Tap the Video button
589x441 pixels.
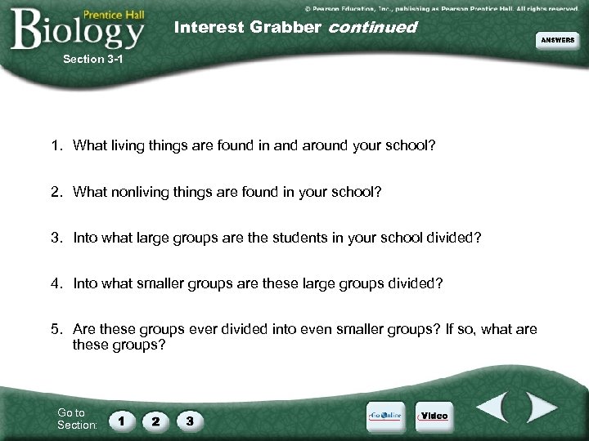pos(434,416)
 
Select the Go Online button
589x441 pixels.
pos(386,416)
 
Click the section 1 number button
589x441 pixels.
pos(122,421)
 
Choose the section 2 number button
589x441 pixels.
pos(155,421)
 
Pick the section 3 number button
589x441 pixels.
pos(190,421)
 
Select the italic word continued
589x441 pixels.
pos(372,27)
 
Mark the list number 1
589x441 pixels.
pos(55,147)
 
